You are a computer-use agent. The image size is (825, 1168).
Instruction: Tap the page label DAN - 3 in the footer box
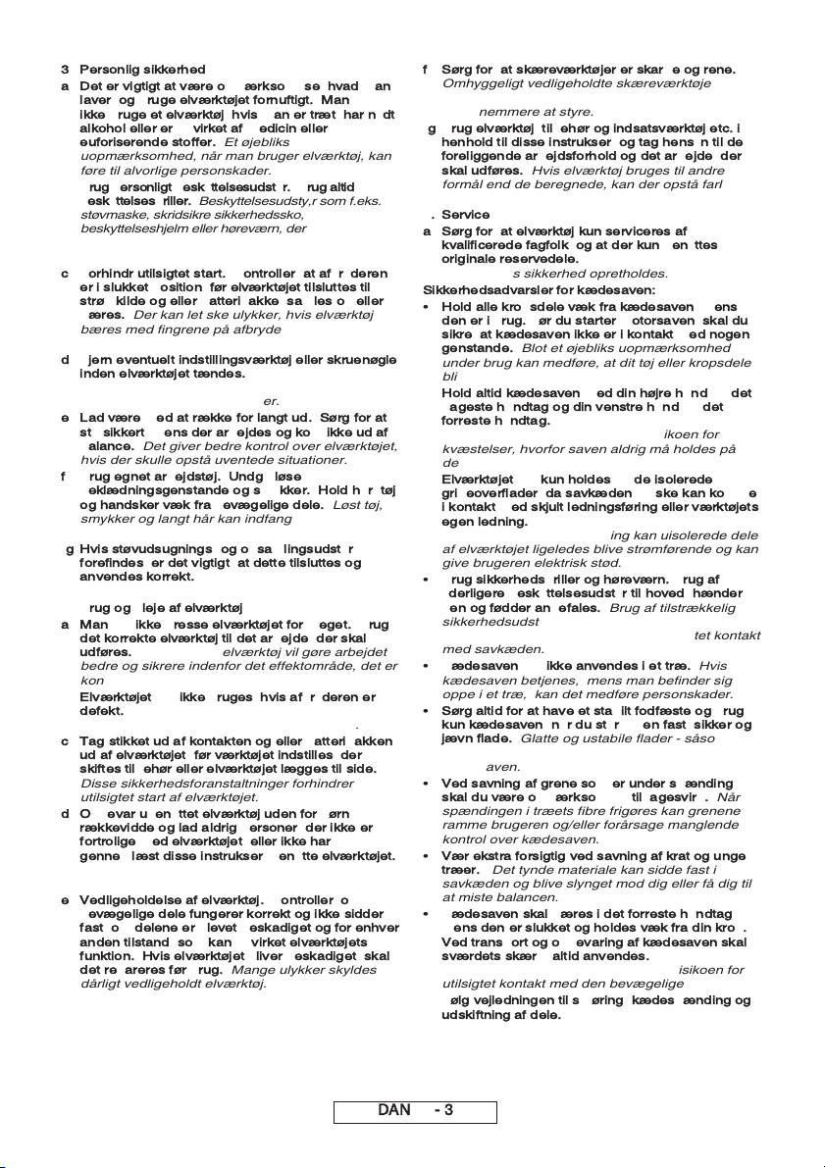[x=415, y=1111]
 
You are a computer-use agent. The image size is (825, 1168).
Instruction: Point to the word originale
[x=470, y=260]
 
